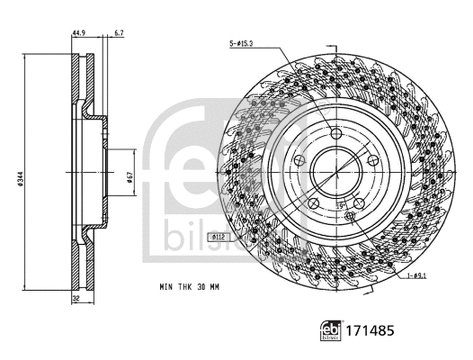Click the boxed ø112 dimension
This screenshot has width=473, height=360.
pyautogui.click(x=217, y=236)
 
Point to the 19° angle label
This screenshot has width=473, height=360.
pyautogui.click(x=342, y=206)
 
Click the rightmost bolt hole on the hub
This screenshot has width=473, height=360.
pyautogui.click(x=371, y=160)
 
